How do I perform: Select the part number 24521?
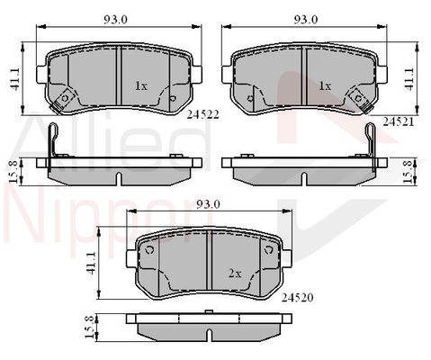point(396,119)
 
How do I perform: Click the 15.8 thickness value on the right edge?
point(411,168)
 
